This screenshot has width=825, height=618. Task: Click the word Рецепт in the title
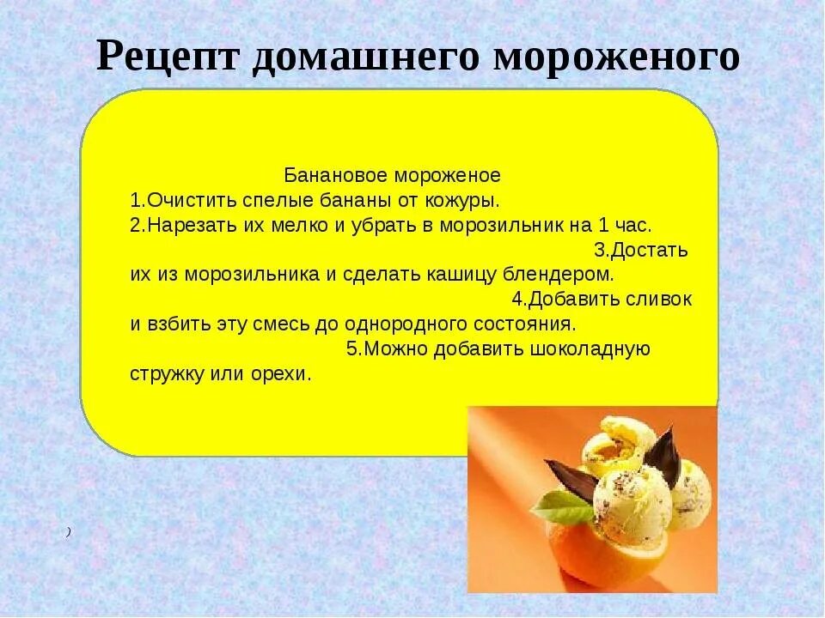(168, 57)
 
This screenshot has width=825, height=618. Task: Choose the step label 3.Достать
(641, 251)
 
